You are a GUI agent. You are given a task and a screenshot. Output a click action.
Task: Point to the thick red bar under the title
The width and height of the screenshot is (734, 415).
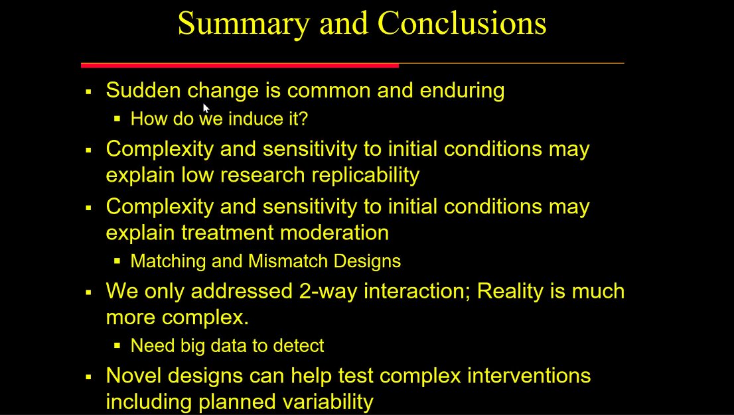click(240, 65)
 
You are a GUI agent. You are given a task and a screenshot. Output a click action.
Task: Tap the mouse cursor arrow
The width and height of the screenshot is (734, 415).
click(206, 109)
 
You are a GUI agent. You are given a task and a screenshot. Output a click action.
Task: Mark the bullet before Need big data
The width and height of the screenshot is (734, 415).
click(117, 346)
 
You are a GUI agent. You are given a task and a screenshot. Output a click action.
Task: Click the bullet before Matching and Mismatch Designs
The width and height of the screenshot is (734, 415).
click(117, 261)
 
